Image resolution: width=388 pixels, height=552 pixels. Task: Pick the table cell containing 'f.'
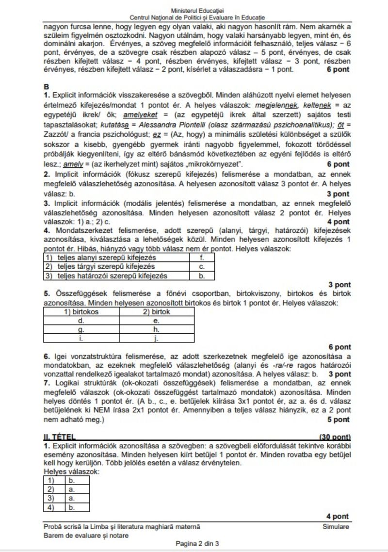coord(201,259)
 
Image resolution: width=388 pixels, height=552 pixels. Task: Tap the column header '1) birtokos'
coord(81,312)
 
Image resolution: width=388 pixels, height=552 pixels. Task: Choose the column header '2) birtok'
coord(156,312)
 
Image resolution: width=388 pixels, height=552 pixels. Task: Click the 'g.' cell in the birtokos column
coord(81,329)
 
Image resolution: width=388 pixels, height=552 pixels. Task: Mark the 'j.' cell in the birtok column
coord(156,338)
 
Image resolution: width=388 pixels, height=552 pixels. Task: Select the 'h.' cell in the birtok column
coord(156,329)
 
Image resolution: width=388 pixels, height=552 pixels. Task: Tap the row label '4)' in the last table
coord(49,508)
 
